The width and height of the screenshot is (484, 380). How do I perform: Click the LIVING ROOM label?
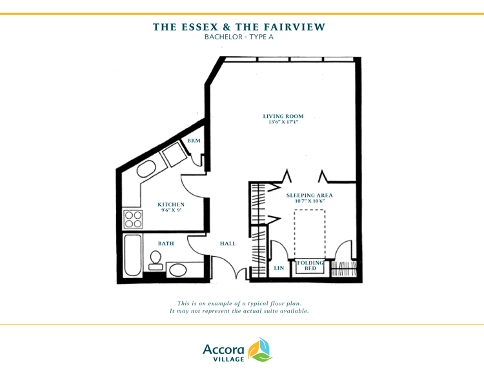tap(283, 116)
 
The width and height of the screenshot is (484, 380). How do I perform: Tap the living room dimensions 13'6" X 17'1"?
tap(283, 122)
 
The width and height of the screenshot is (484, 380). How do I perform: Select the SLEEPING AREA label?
tap(310, 195)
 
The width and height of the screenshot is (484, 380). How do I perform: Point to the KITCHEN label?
tap(171, 205)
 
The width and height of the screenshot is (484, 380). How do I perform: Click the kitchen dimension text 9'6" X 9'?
tap(171, 210)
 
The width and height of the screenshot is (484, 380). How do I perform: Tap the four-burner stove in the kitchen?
tap(133, 219)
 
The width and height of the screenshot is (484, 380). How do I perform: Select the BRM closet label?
tap(194, 141)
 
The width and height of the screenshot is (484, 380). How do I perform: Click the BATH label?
tap(166, 244)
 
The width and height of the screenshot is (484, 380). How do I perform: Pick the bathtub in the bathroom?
tap(133, 255)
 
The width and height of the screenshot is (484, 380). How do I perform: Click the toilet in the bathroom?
tap(156, 261)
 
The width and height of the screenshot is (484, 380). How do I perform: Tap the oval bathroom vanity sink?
tap(178, 270)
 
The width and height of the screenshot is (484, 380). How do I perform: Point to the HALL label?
tap(228, 244)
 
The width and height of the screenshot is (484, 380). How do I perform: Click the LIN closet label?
tap(279, 268)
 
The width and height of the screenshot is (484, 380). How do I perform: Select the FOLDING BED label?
tap(310, 265)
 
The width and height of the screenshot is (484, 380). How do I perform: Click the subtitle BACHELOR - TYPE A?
tap(239, 37)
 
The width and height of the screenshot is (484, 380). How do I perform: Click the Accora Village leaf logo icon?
tap(260, 350)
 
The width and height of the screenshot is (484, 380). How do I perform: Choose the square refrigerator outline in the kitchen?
tap(175, 154)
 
